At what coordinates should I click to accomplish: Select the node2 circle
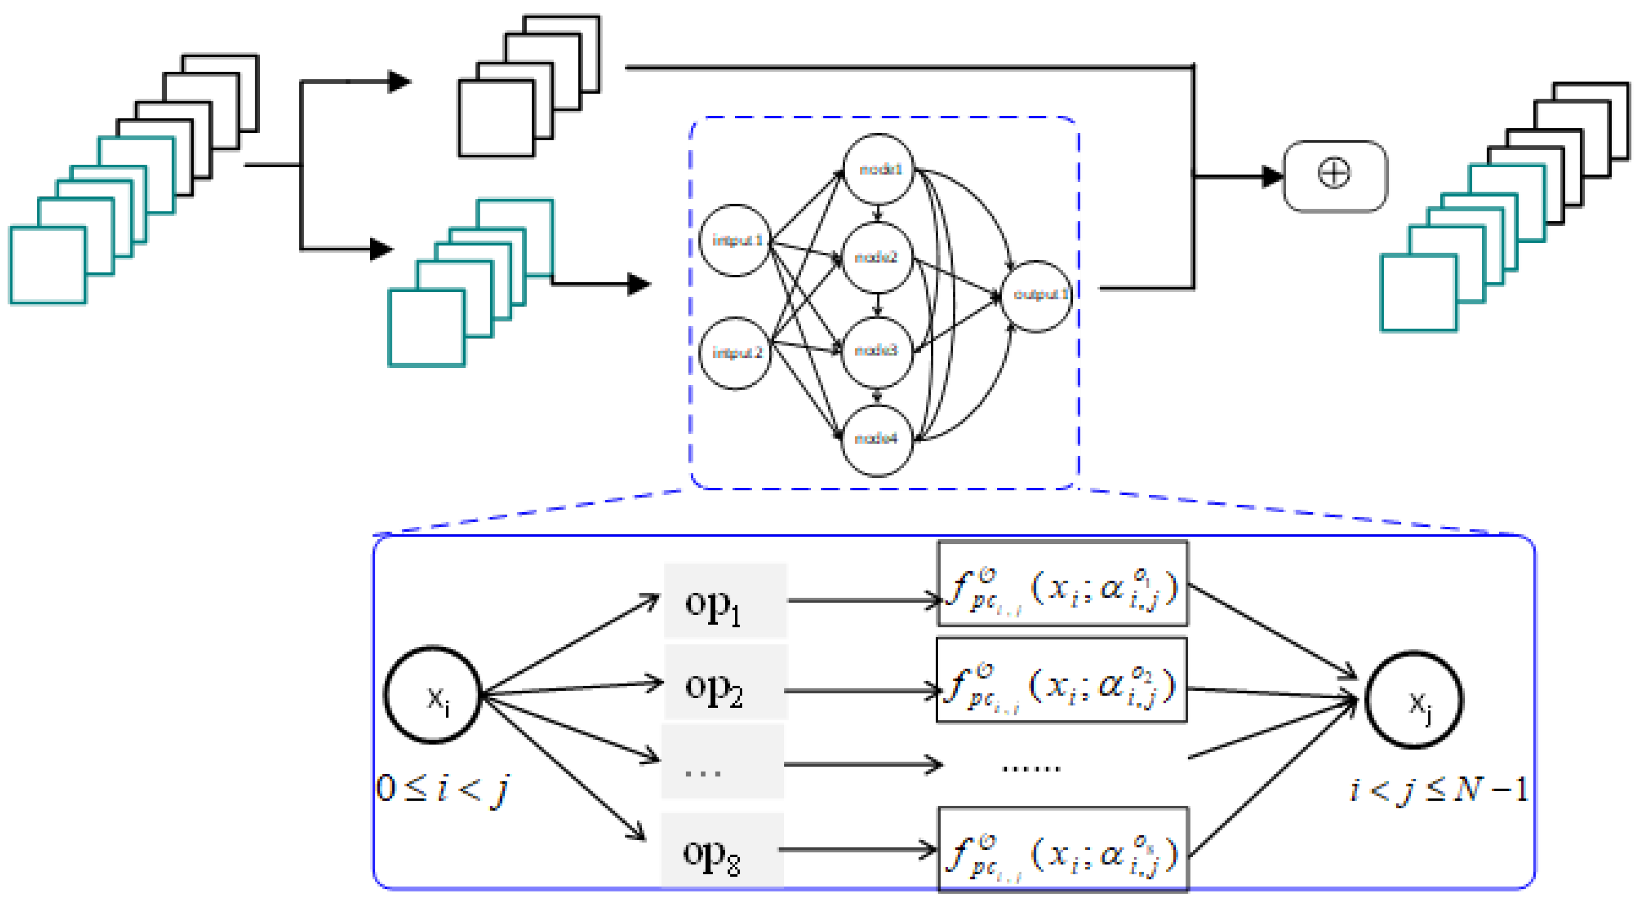pos(877,257)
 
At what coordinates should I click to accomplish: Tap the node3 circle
pos(877,350)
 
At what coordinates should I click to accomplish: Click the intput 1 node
pos(736,241)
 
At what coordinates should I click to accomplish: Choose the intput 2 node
pos(736,353)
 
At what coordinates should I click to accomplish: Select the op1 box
pos(725,601)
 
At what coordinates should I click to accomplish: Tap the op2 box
pos(726,683)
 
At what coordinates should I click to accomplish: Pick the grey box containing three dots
pos(723,761)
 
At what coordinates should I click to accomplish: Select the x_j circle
pos(1414,700)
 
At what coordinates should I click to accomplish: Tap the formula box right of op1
pos(1062,584)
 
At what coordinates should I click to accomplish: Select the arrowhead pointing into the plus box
pos(1271,176)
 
